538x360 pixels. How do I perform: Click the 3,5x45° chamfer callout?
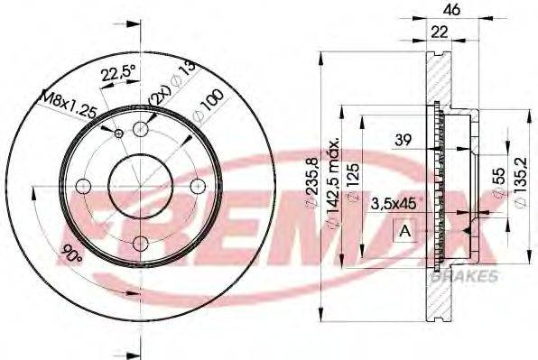[x=397, y=204]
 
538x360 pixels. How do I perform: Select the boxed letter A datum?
[x=403, y=231]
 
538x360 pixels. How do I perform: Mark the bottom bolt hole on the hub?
[x=139, y=242]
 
